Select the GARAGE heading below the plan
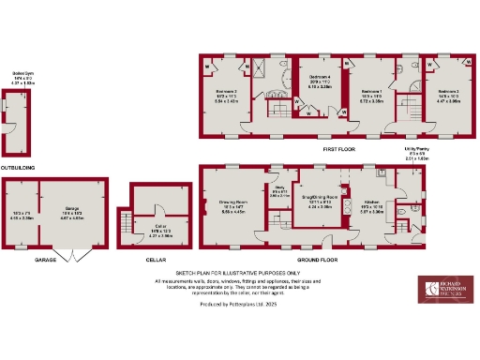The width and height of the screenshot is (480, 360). [x=47, y=259]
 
